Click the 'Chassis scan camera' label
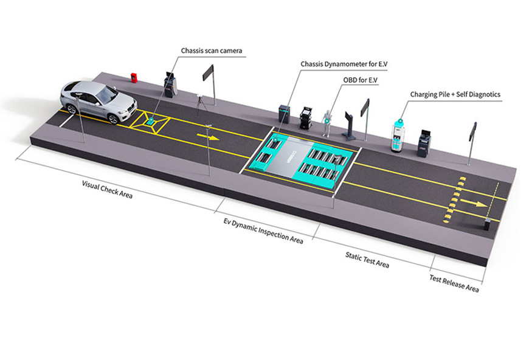coord(212,51)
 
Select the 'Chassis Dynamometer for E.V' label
coord(344,64)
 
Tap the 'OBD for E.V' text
coord(361,80)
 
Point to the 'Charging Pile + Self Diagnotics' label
coord(455,95)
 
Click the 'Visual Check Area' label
coord(107,189)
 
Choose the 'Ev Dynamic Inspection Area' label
coord(263,230)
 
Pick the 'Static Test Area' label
coord(367,260)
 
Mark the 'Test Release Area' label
coord(454,283)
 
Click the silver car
coord(98,102)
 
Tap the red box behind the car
coord(134,78)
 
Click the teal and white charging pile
coord(398,136)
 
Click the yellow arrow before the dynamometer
coord(208,137)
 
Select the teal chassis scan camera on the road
coord(150,120)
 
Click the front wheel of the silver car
coord(113,119)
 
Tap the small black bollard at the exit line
coord(488,224)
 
